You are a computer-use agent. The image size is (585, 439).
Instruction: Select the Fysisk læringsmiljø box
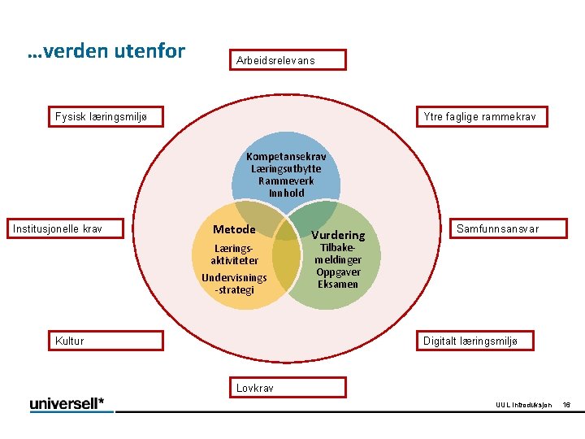(106, 117)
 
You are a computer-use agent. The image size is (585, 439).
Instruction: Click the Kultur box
(106, 341)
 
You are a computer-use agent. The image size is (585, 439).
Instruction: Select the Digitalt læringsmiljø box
(475, 341)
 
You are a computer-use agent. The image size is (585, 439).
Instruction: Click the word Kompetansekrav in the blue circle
(286, 156)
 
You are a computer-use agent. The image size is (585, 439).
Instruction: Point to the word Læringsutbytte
(286, 168)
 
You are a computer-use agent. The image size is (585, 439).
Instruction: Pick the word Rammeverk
(286, 180)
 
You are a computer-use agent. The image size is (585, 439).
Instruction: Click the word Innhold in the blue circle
(286, 193)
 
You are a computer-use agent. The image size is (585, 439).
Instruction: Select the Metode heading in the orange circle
(234, 229)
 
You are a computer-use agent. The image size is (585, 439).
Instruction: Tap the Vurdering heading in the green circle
(338, 235)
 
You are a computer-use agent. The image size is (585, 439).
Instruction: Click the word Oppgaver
(338, 272)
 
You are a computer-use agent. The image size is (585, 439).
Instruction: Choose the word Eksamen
(338, 284)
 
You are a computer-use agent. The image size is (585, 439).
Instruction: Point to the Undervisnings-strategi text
(234, 284)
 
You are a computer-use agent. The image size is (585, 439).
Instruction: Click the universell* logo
(71, 404)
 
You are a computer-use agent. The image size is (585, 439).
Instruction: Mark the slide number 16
(567, 405)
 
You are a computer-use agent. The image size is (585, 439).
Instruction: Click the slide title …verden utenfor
(106, 52)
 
